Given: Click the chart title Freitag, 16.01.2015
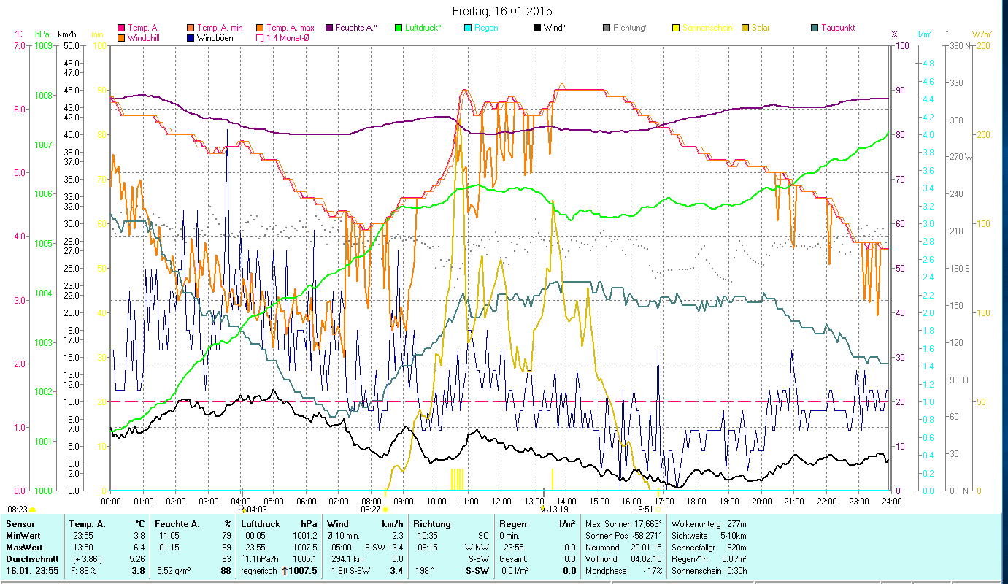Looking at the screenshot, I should tap(502, 11).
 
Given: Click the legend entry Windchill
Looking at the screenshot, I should tap(143, 37).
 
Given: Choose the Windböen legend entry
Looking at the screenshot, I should tap(215, 37).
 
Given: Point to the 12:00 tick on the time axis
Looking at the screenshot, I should tap(501, 502).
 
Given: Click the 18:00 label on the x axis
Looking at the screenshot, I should tap(696, 502).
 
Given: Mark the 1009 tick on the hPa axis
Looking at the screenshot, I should tap(43, 45).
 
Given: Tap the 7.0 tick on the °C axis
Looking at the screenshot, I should tap(18, 45).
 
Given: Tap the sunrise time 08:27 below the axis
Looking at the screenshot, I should tap(371, 510).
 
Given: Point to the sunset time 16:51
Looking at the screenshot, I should tap(642, 510).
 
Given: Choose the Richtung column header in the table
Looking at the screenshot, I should tap(432, 524).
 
